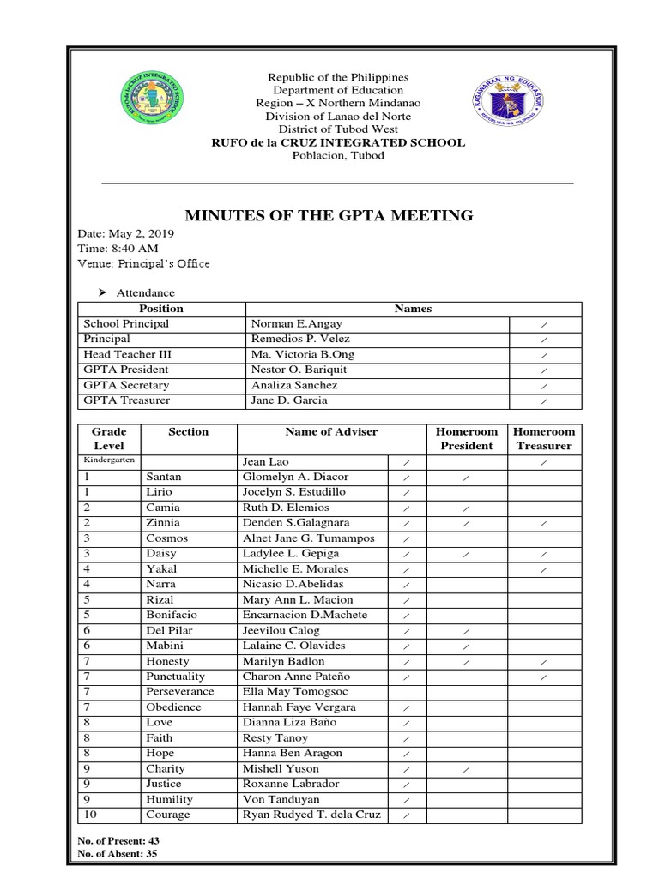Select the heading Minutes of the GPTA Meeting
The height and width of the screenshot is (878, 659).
pyautogui.click(x=329, y=215)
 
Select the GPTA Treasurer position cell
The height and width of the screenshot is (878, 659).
pyautogui.click(x=126, y=400)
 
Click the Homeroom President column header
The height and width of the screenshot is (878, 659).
pyautogui.click(x=467, y=439)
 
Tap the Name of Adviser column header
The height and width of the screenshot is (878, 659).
pyautogui.click(x=331, y=432)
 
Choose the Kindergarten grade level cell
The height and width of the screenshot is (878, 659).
pyautogui.click(x=109, y=460)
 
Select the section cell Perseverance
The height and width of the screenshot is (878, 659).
pyautogui.click(x=180, y=691)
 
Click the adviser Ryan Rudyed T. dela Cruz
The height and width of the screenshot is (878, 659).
pyautogui.click(x=311, y=815)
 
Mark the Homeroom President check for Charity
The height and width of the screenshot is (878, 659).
pyautogui.click(x=466, y=769)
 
